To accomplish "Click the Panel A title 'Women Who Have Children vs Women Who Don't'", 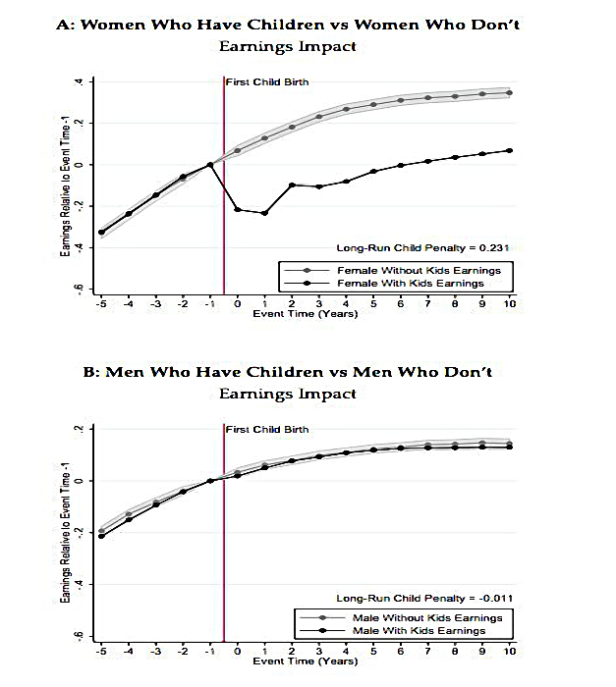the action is coord(301,25).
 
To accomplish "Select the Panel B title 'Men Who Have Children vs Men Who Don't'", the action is coord(299,372).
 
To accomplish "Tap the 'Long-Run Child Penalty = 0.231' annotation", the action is coord(423,248).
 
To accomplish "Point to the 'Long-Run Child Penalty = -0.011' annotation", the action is coord(424,599).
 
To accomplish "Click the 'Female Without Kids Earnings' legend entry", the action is coord(419,270).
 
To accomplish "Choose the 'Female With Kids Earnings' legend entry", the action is coord(411,284).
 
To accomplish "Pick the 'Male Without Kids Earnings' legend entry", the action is coord(427,617).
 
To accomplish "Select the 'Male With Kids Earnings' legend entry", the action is coord(419,631).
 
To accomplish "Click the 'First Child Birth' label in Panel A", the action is coord(267,81).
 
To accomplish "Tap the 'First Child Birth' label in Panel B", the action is coord(267,430).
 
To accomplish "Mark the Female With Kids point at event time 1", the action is coord(264,213).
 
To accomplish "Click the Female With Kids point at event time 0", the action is coord(238,209).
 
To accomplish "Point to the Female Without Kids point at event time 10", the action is coord(509,93).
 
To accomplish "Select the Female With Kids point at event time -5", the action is coord(101,233).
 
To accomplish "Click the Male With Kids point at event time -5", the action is coord(101,536).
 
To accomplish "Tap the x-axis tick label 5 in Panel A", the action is coord(373,303).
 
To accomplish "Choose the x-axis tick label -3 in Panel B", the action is coord(155,651).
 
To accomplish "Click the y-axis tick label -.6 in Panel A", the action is coord(80,290).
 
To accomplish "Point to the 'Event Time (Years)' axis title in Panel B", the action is coord(306,661).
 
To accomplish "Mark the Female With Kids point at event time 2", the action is coord(292,185).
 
